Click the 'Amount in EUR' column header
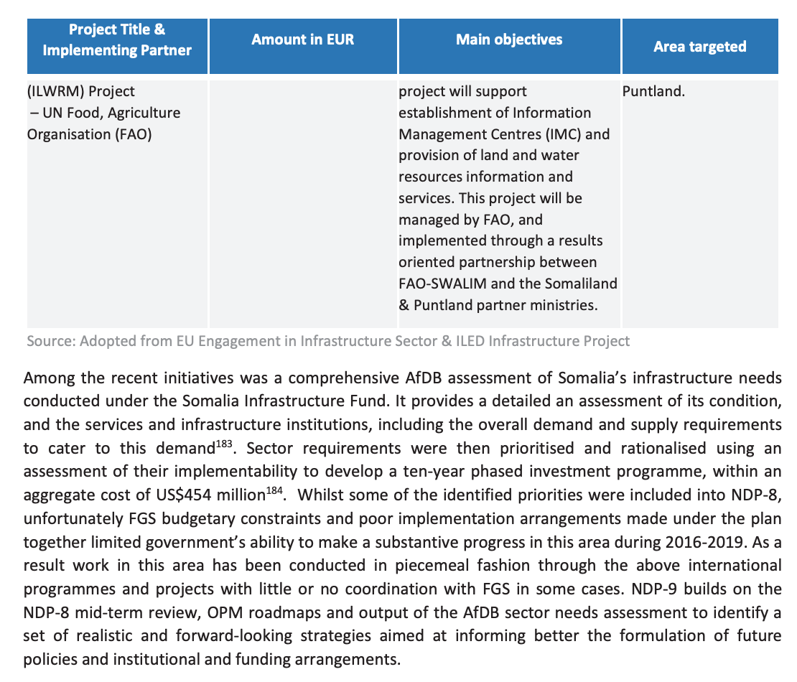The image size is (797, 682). [x=302, y=39]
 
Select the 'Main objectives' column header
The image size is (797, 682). [x=509, y=39]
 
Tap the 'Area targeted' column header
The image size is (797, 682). [x=699, y=47]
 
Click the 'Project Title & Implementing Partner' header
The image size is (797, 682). [x=117, y=39]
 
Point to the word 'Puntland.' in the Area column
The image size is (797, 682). [x=653, y=92]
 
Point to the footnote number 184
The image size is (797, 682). [x=275, y=490]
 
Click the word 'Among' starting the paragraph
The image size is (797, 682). [x=46, y=377]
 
